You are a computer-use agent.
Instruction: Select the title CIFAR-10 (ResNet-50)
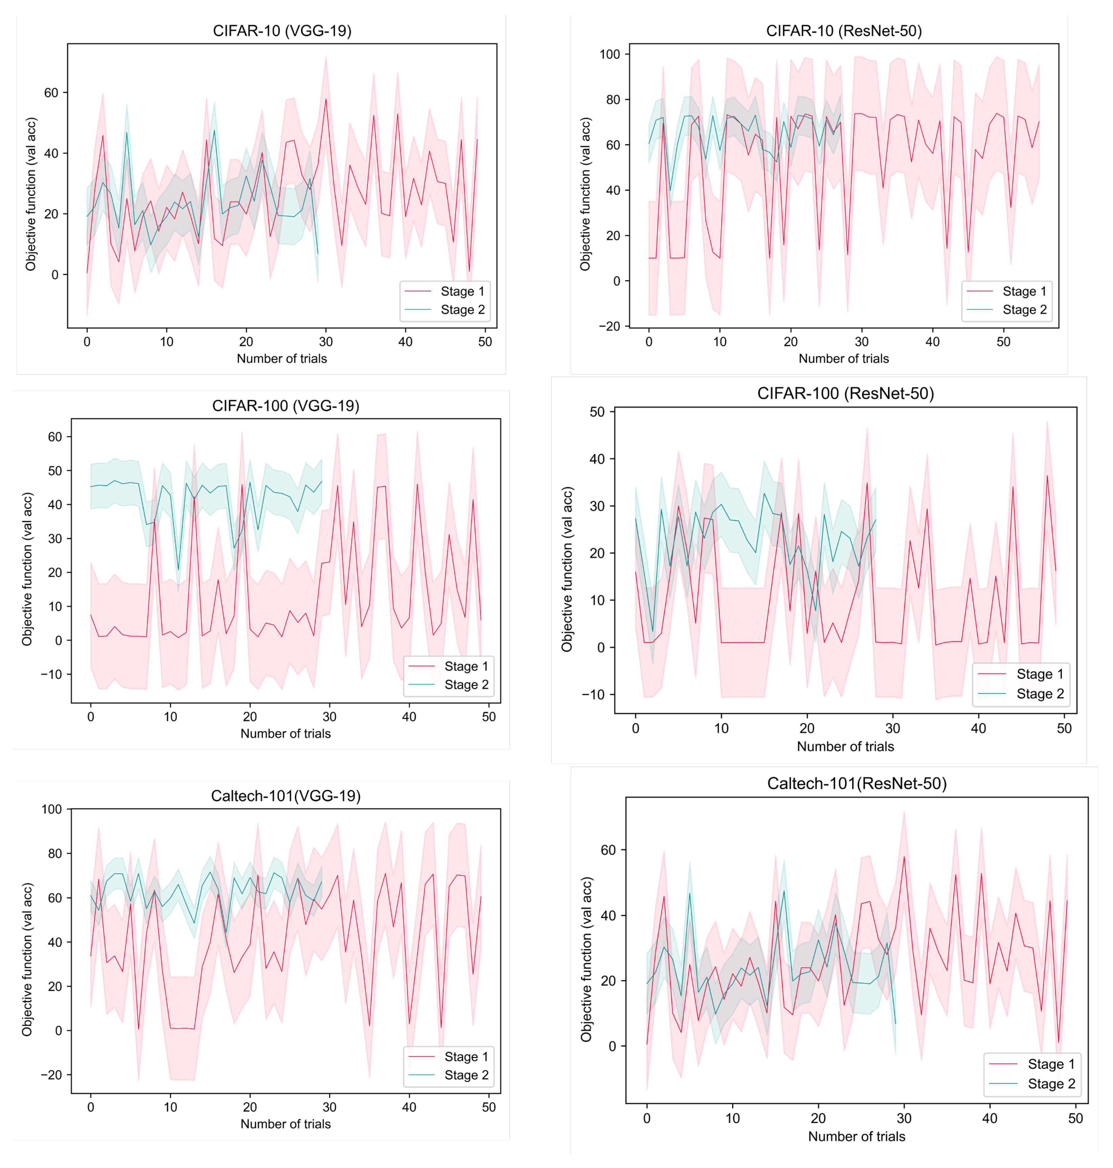844,31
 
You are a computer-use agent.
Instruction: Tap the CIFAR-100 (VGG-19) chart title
286,406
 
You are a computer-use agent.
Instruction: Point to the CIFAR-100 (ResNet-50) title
845,394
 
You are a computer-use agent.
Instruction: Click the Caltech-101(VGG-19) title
286,796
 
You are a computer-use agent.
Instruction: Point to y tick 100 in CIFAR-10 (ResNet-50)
609,54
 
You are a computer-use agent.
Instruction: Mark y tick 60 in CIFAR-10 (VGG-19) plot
51,93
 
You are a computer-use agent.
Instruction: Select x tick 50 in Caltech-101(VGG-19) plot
488,1107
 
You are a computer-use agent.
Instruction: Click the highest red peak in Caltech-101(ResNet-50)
904,856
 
